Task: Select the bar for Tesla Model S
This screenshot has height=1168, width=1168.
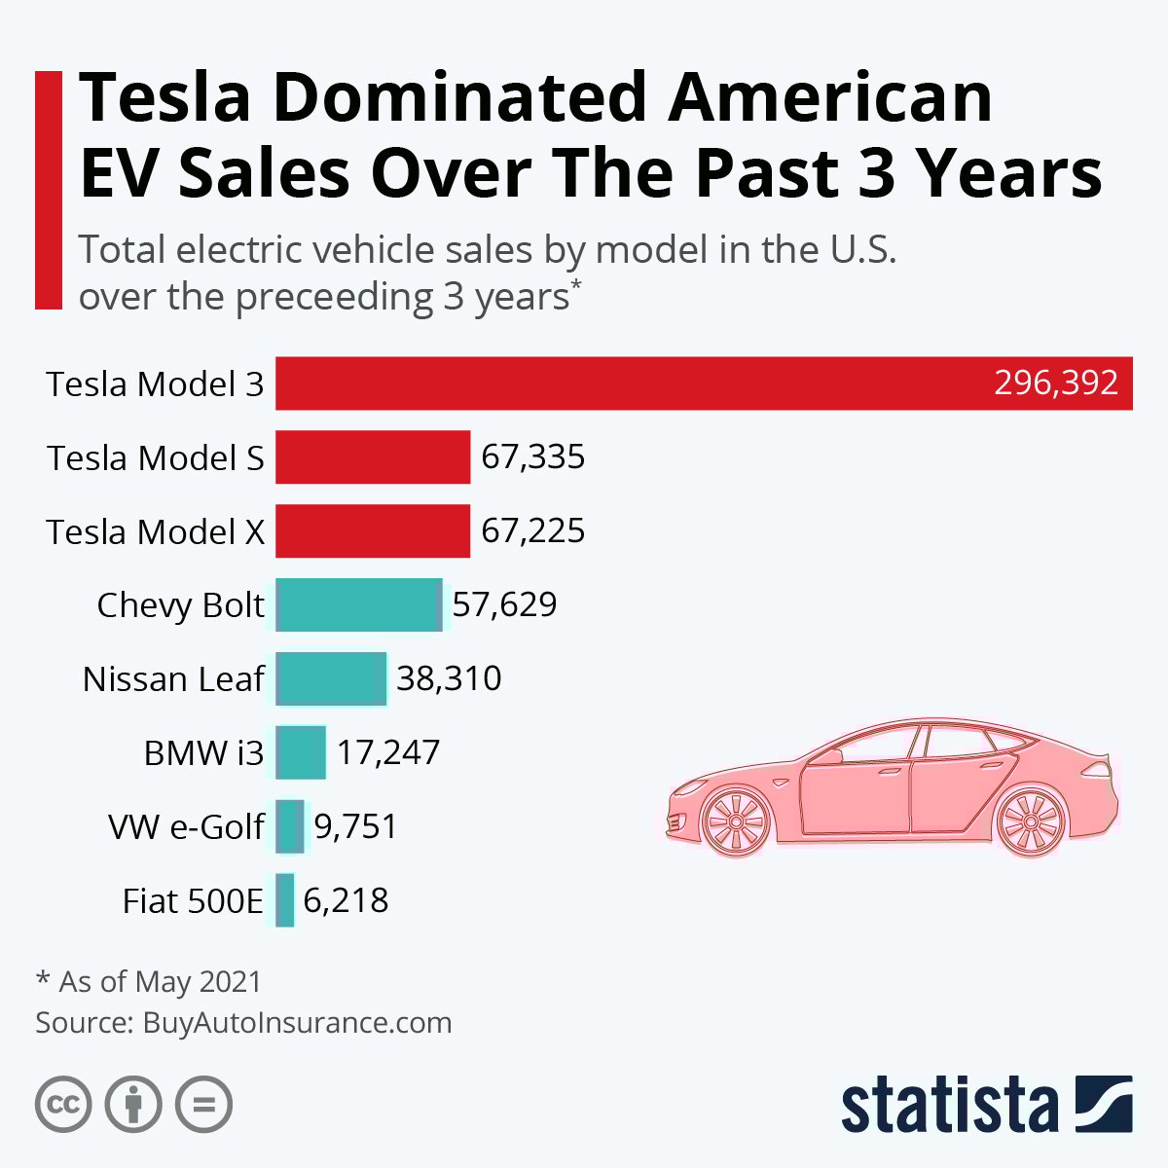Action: point(373,457)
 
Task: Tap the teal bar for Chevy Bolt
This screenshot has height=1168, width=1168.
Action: point(359,604)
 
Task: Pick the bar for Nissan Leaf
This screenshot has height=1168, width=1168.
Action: point(331,678)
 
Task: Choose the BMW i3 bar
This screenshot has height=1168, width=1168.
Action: point(301,752)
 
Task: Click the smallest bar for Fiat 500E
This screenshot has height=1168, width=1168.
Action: point(284,900)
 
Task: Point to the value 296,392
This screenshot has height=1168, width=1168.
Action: point(1055,383)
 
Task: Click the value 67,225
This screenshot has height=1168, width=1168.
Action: point(533,531)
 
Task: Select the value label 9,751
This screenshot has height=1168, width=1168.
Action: point(355,826)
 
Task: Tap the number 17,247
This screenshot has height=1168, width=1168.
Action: point(388,752)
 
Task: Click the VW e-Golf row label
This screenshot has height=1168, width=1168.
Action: point(186,827)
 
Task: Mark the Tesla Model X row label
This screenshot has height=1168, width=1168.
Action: point(156,532)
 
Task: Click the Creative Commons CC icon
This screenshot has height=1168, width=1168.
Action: point(63,1105)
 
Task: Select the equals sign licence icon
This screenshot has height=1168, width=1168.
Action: point(204,1105)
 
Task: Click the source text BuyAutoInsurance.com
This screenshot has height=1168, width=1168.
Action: point(297,1023)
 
